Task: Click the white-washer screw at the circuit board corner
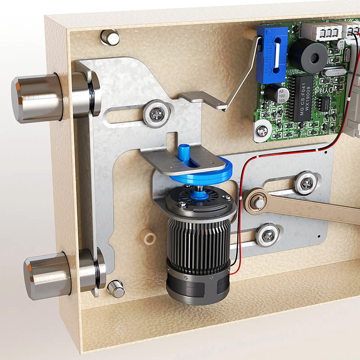coord(262,130)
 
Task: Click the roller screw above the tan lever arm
coord(305,182)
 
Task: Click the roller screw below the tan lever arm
coord(267,235)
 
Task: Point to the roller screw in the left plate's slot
coord(156,113)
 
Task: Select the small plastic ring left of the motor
coord(150,238)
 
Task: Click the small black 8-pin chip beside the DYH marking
coord(326,104)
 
